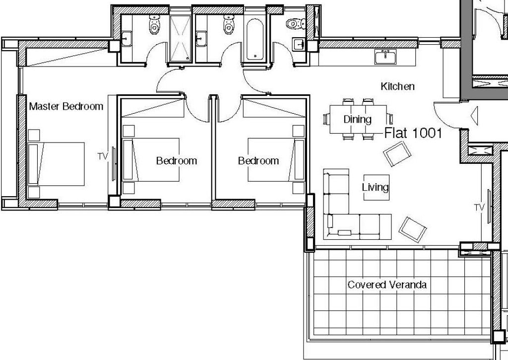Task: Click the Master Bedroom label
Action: coord(66,106)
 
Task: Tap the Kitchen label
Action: coord(397,86)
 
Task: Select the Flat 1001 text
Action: coord(413,133)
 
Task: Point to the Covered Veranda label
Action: coord(387,285)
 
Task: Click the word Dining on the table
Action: coord(357,119)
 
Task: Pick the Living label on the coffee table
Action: coord(375,187)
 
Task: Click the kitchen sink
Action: coord(385,57)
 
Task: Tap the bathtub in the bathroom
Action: coord(254,39)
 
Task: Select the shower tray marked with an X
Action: coord(180,38)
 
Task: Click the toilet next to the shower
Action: coord(155,24)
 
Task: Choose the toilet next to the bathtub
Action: coord(229,24)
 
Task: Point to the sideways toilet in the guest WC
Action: coord(296,23)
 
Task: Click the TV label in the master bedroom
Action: coord(102,156)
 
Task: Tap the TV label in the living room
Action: coord(480,208)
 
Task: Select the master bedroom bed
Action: coord(56,164)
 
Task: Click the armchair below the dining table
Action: coord(397,154)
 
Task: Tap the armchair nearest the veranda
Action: coord(412,229)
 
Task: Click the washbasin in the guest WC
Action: coord(298,44)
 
